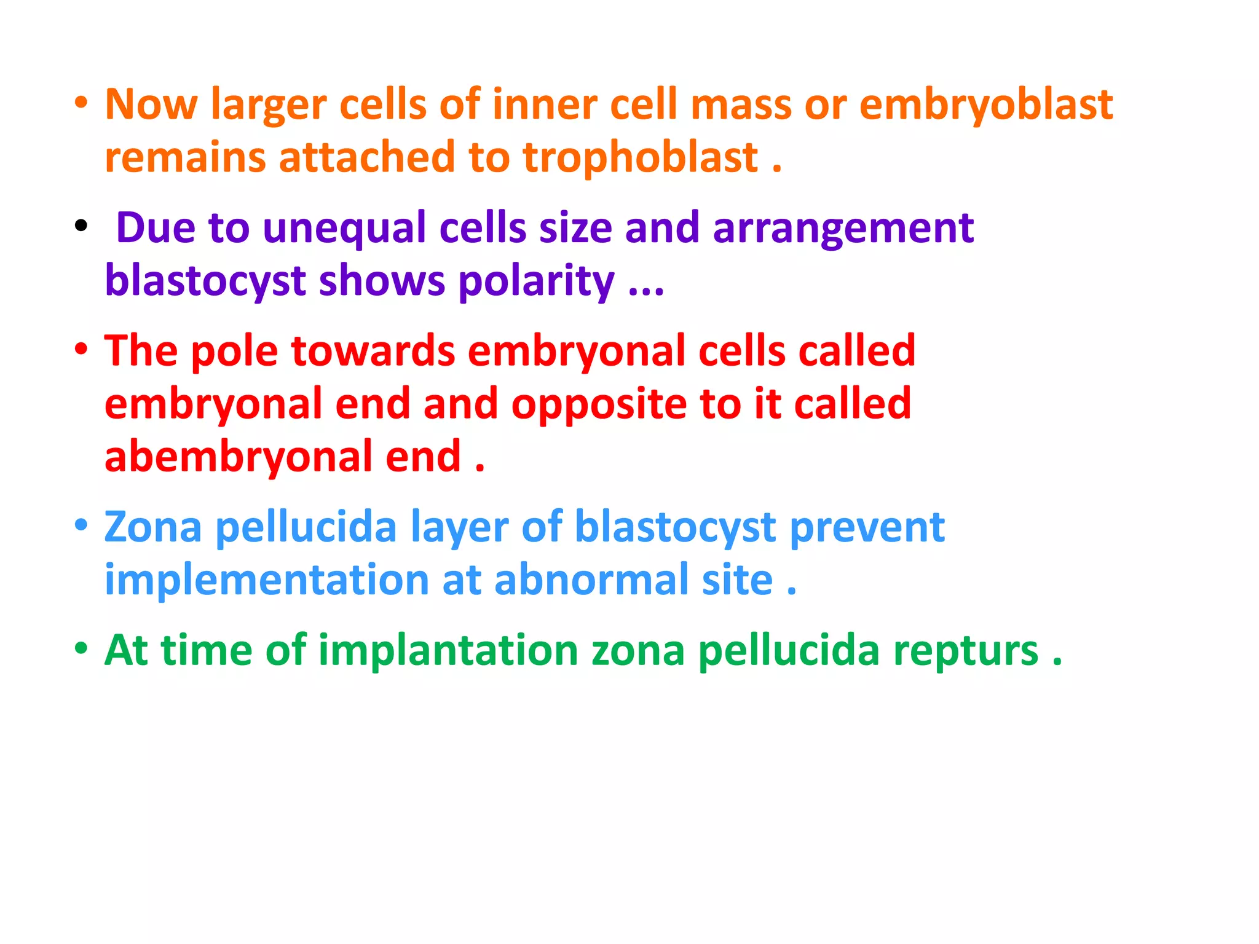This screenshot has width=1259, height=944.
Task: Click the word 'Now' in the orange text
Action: point(151,104)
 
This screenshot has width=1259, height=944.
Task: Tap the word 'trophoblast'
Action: point(641,157)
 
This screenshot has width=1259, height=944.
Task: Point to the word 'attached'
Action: point(366,157)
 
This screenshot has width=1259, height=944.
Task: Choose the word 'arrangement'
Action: point(843,228)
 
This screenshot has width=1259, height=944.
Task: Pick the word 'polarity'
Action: point(536,281)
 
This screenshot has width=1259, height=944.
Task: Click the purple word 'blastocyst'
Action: point(205,281)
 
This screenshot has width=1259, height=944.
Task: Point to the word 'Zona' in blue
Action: point(152,527)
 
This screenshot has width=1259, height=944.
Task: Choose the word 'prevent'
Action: point(867,527)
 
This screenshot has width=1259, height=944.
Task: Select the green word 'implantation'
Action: point(448,650)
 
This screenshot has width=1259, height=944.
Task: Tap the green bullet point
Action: point(81,648)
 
